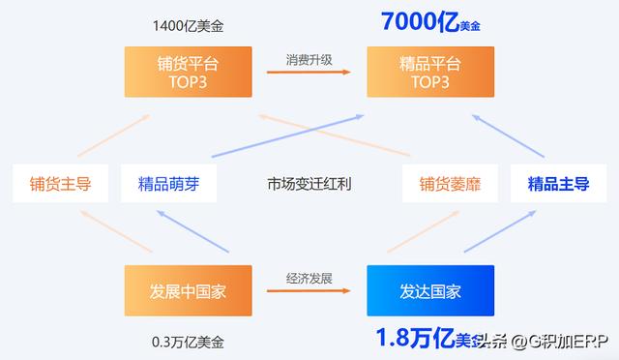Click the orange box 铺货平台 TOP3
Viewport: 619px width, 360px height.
pyautogui.click(x=181, y=73)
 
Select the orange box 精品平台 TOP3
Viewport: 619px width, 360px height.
pyautogui.click(x=429, y=73)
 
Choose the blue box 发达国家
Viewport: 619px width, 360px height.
pyautogui.click(x=429, y=290)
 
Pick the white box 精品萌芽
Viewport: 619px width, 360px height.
pyautogui.click(x=169, y=183)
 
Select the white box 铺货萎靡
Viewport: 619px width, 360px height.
pyautogui.click(x=450, y=183)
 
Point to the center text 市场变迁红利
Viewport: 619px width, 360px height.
pyautogui.click(x=309, y=183)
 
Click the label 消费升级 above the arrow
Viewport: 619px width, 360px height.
pyautogui.click(x=309, y=58)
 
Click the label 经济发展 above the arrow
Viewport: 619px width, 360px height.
pyautogui.click(x=309, y=278)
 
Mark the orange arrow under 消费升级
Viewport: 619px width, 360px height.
pyautogui.click(x=309, y=73)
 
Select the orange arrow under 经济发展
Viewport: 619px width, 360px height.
pyautogui.click(x=309, y=291)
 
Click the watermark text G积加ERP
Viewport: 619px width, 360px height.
pyautogui.click(x=562, y=342)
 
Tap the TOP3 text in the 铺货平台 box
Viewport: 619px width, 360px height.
pyautogui.click(x=181, y=82)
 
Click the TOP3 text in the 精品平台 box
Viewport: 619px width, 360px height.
pyautogui.click(x=429, y=82)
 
